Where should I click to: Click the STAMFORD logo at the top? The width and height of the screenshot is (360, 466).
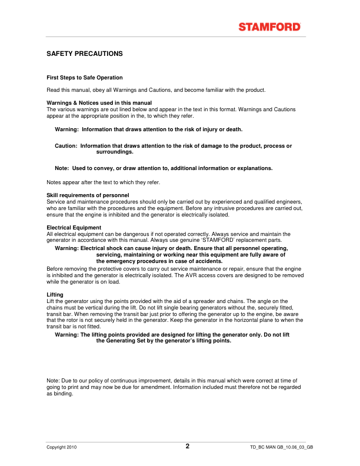coord(270,26)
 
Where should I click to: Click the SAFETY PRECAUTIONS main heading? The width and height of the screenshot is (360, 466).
coord(84,54)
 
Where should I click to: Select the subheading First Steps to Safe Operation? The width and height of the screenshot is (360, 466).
coord(85,78)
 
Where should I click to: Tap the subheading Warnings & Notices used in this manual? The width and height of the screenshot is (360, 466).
coord(99,103)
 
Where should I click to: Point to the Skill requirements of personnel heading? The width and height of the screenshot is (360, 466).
coord(88,195)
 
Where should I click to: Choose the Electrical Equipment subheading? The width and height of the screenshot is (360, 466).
coord(74,227)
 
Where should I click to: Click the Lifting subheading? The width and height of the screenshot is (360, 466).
coord(55,294)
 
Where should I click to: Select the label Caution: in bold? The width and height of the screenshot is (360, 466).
coord(66,145)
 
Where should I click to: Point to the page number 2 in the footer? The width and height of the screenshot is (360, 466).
coord(188,446)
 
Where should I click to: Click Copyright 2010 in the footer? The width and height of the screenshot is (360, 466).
coord(62,447)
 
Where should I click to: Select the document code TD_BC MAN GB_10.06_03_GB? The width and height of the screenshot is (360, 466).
coord(281,447)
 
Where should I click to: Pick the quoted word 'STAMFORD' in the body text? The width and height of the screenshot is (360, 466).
coord(216,241)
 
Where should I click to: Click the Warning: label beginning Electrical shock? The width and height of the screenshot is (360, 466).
coord(66,249)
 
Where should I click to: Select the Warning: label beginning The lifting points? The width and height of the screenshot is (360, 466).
coord(66,334)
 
